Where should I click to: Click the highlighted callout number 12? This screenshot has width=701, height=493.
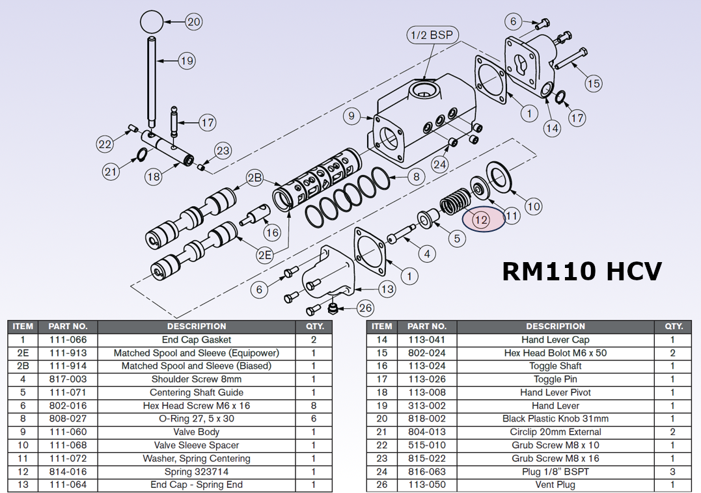coord(482,220)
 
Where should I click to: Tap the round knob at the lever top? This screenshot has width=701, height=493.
coord(151,21)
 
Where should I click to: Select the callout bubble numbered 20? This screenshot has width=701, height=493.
coord(194,21)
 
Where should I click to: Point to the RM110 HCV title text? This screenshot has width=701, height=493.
coord(582,271)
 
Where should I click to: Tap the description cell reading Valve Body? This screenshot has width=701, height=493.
coord(197,432)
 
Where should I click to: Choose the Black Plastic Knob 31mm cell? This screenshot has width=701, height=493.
coord(555,419)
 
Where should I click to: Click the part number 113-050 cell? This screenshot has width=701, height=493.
coord(427,485)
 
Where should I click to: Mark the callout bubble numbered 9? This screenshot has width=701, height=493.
coord(351,116)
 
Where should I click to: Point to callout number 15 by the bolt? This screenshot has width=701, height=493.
coord(593,83)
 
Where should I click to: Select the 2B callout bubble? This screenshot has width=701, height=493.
coord(254,178)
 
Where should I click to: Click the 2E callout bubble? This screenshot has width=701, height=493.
coord(264,255)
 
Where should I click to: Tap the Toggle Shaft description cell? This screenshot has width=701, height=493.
coord(555,366)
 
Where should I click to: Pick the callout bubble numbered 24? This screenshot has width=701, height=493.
coord(440,165)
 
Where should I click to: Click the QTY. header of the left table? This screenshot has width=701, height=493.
coord(314,326)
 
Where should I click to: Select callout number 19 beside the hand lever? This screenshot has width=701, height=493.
coord(187,61)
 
